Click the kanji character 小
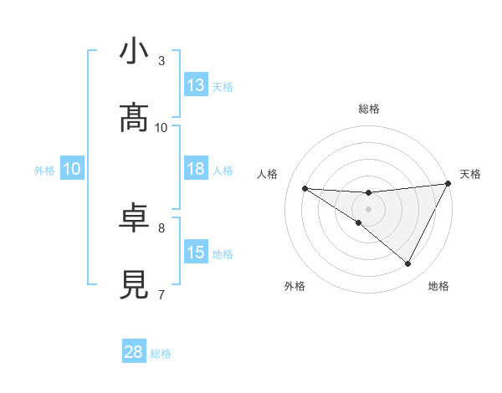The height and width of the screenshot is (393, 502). [x=134, y=53]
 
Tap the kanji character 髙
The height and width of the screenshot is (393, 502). [x=134, y=120]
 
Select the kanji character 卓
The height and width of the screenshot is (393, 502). [x=134, y=219]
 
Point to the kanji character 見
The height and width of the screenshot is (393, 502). [x=134, y=286]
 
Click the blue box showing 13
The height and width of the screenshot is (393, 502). [x=196, y=85]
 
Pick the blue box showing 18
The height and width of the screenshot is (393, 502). [x=196, y=170]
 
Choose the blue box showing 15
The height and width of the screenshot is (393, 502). [x=196, y=253]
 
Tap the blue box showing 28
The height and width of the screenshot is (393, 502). [x=134, y=352]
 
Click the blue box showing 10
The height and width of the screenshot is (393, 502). [x=72, y=170]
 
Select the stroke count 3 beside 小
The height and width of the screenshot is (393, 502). [x=161, y=60]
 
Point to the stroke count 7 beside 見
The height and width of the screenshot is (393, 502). [x=161, y=294]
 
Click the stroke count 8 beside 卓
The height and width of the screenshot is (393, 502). [x=161, y=227]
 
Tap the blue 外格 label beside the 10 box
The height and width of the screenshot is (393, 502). [x=44, y=171]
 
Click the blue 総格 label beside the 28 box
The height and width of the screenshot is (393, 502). [x=161, y=354]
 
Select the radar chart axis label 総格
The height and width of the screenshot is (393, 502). [x=369, y=109]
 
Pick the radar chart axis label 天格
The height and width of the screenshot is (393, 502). [x=470, y=174]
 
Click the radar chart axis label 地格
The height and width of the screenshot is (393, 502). [x=438, y=286]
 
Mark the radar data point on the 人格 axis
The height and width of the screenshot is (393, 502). [x=305, y=188]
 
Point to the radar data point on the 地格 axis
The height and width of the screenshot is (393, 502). [x=408, y=264]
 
